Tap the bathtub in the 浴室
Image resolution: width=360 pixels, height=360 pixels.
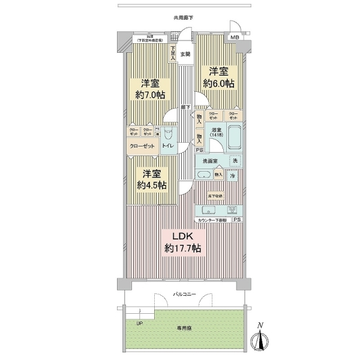click(x=233, y=137)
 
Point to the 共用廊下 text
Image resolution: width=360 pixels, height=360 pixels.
click(x=183, y=19)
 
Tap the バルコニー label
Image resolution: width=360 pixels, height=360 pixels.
click(x=183, y=295)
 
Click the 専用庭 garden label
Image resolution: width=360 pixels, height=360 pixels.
click(x=184, y=328)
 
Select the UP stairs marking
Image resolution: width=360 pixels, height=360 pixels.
click(x=140, y=323)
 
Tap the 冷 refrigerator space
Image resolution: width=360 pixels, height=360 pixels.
click(x=232, y=175)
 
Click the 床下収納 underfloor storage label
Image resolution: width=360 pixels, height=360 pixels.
click(x=215, y=196)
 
